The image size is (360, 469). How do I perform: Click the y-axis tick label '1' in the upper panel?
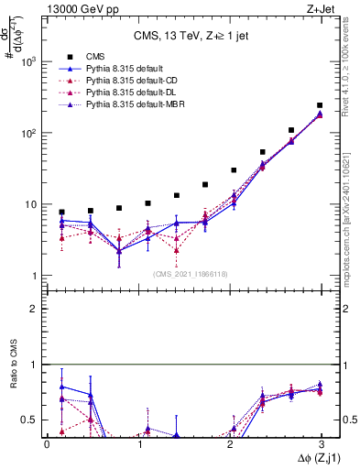[x=36, y=276]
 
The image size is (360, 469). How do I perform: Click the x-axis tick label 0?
[x=47, y=443]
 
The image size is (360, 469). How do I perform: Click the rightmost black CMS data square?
[x=320, y=105]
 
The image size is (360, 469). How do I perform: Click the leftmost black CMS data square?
[x=61, y=212]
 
